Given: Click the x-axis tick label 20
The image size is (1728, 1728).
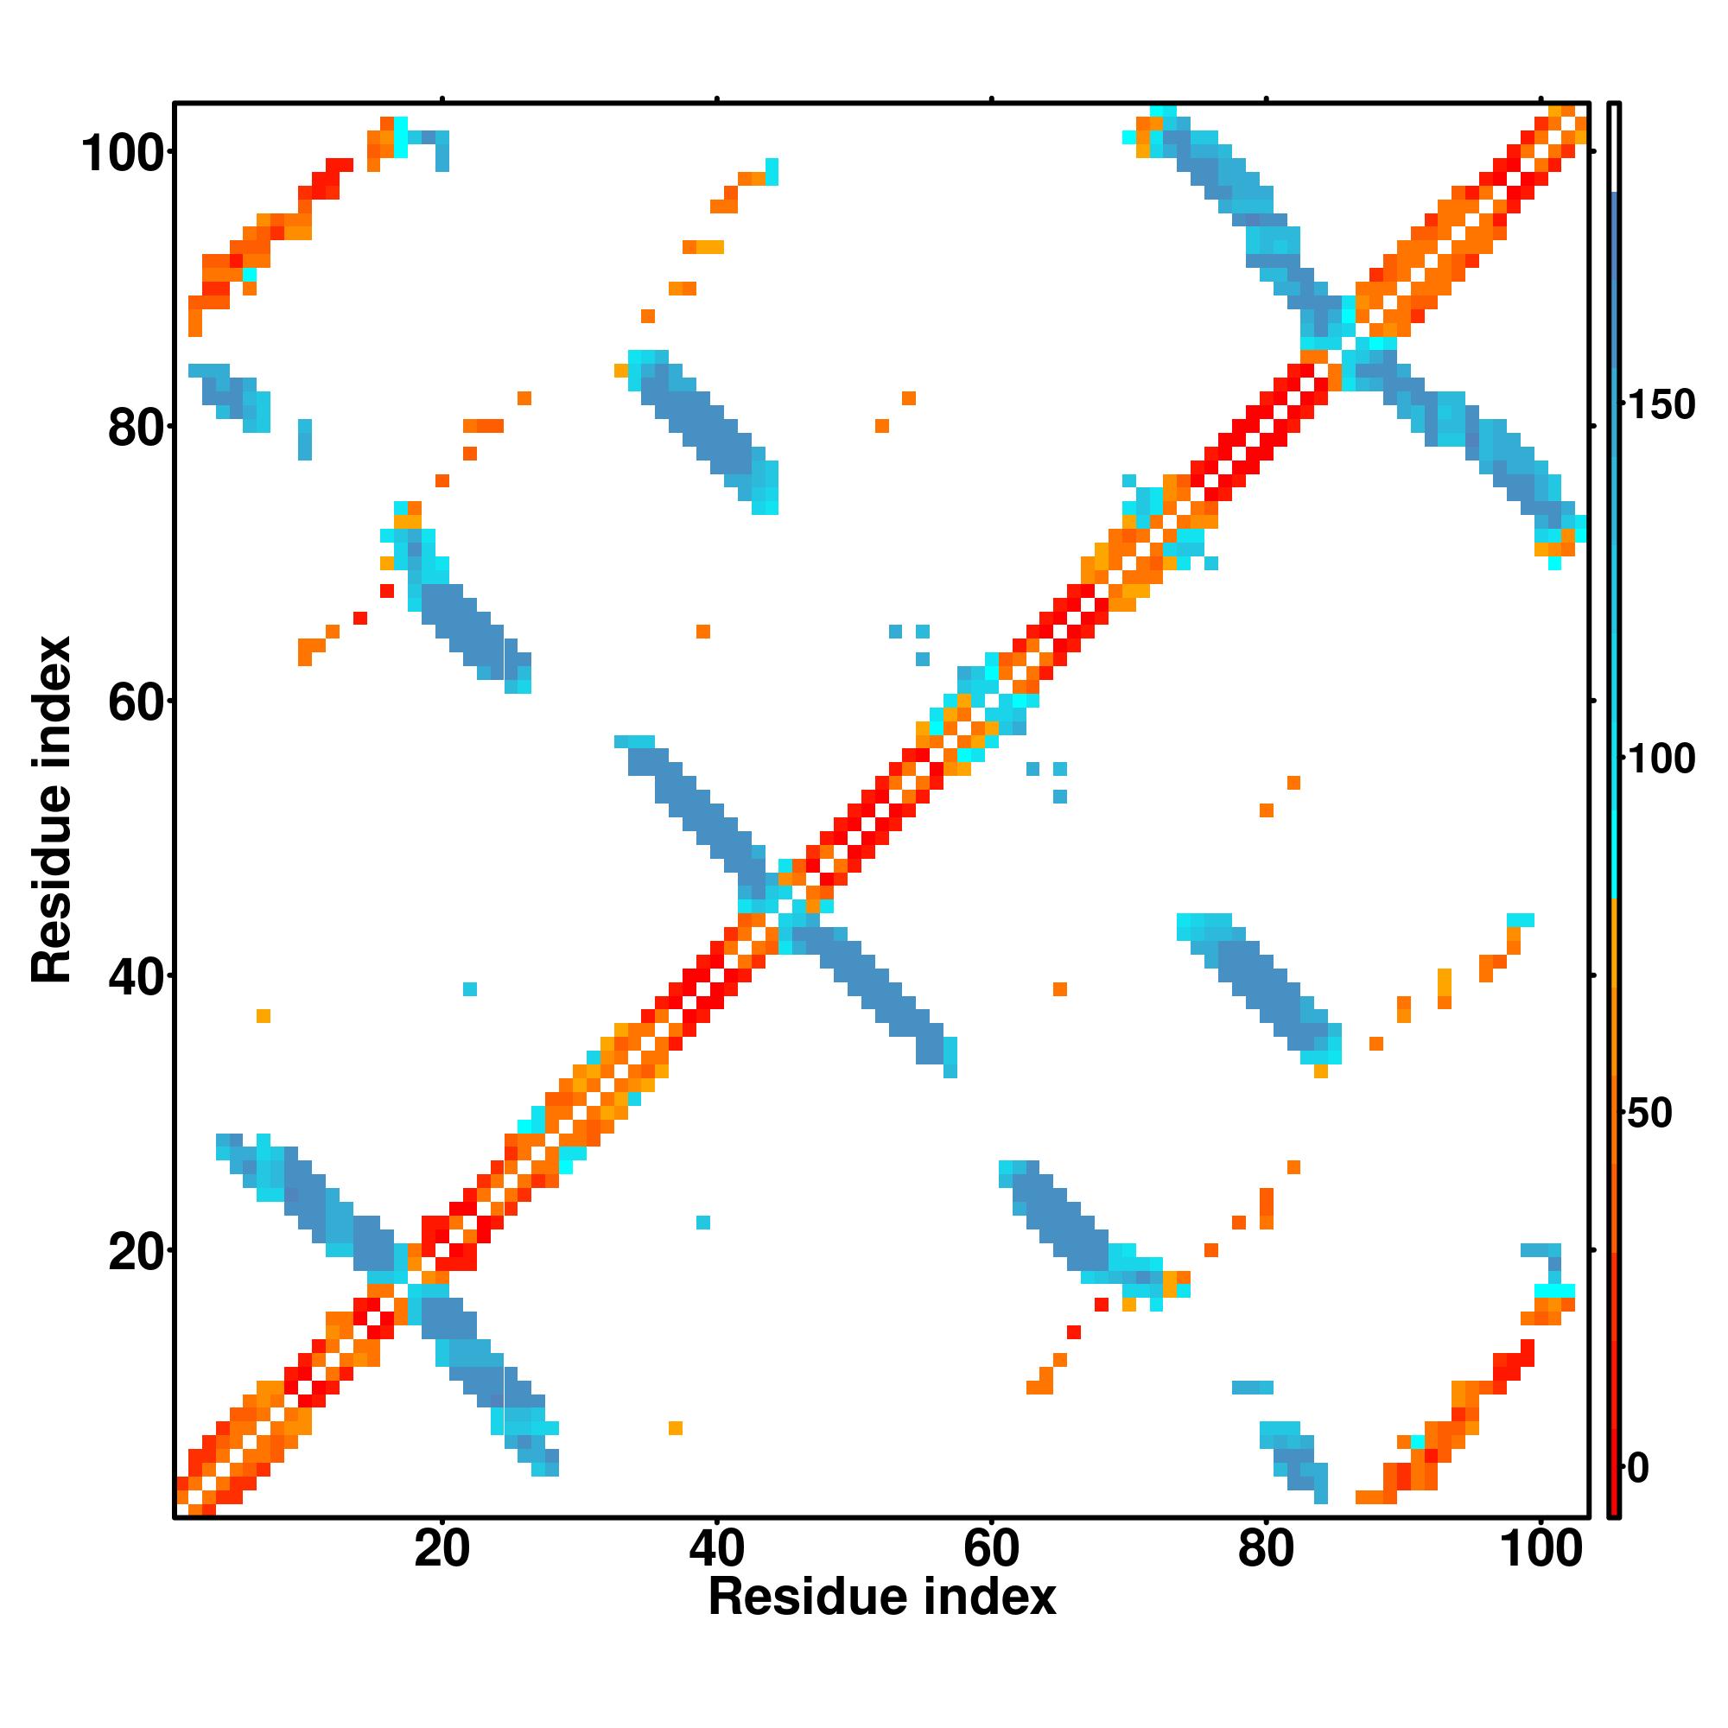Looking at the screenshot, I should click(x=442, y=1548).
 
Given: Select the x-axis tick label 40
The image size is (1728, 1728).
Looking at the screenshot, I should click(x=716, y=1548).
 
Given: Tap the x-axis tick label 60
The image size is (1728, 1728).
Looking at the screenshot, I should click(x=991, y=1548).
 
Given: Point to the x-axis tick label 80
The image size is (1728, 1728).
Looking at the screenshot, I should click(x=1266, y=1548).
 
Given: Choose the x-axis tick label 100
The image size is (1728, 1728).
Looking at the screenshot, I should click(x=1541, y=1548).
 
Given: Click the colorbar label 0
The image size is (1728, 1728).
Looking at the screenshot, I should click(x=1638, y=1468).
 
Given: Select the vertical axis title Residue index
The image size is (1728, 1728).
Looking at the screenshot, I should click(x=52, y=810).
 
